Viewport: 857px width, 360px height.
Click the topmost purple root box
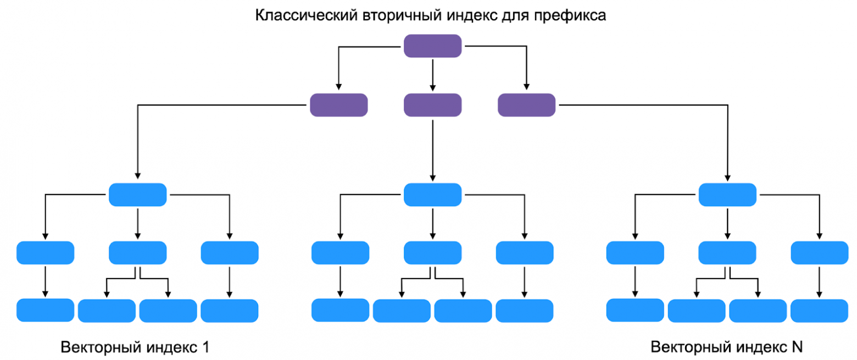pos(432,46)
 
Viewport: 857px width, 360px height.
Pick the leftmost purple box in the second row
pos(339,105)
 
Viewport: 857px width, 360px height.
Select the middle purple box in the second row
pos(432,105)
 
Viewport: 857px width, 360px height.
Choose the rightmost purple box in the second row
pos(526,105)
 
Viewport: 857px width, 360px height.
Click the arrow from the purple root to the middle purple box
pos(432,75)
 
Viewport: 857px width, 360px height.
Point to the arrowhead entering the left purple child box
pos(339,86)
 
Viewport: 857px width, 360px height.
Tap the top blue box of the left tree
pos(137,195)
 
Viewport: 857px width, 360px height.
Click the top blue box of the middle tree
pos(432,195)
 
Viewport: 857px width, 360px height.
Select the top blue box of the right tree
pos(727,195)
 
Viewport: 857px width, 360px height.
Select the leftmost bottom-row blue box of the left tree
pos(45,310)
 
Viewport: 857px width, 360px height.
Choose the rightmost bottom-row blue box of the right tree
pos(819,311)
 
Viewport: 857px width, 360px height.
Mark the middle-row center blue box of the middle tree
pos(432,253)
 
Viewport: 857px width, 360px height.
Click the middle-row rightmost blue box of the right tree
pos(819,253)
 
